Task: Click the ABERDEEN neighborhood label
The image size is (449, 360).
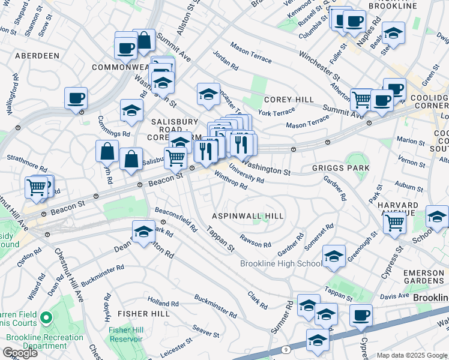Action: tap(34, 55)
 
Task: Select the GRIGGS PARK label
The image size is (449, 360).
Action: tap(340, 169)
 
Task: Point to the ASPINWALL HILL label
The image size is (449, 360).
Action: tap(248, 215)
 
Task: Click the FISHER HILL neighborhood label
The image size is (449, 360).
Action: tap(140, 314)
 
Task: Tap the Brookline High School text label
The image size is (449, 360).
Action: tap(281, 264)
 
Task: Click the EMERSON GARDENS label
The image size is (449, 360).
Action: tap(423, 278)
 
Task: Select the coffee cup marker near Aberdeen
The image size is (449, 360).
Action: tap(76, 98)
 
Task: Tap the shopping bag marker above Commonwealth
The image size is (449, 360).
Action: tap(144, 41)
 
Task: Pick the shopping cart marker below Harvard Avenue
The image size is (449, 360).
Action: tap(394, 223)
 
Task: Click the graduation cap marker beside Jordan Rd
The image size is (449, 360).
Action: tap(208, 94)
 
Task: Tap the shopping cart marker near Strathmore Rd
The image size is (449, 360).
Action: tap(37, 187)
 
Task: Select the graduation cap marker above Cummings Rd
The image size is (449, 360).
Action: tap(131, 110)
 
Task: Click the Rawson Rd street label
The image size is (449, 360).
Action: tap(256, 244)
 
